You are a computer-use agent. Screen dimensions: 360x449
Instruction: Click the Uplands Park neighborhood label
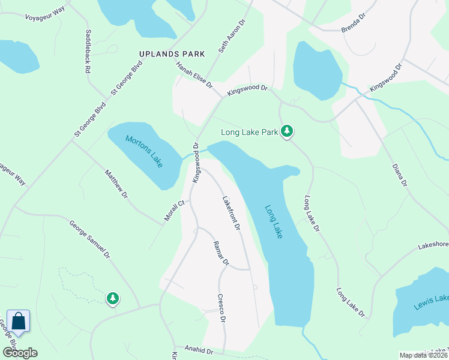coord(172,54)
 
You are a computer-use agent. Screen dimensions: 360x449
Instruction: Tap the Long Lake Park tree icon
coord(288,131)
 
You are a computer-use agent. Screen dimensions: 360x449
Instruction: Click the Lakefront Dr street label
coord(231,214)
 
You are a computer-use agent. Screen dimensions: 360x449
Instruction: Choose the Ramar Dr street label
coord(221,253)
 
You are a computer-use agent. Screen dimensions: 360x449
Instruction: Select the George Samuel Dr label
coord(90,239)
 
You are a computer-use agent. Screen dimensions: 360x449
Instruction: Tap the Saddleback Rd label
coord(88,52)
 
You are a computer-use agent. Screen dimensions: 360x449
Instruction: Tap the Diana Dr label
coord(399,175)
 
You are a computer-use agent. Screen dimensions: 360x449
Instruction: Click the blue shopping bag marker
coord(19,322)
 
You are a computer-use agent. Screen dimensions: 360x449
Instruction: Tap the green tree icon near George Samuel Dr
coord(112,298)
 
